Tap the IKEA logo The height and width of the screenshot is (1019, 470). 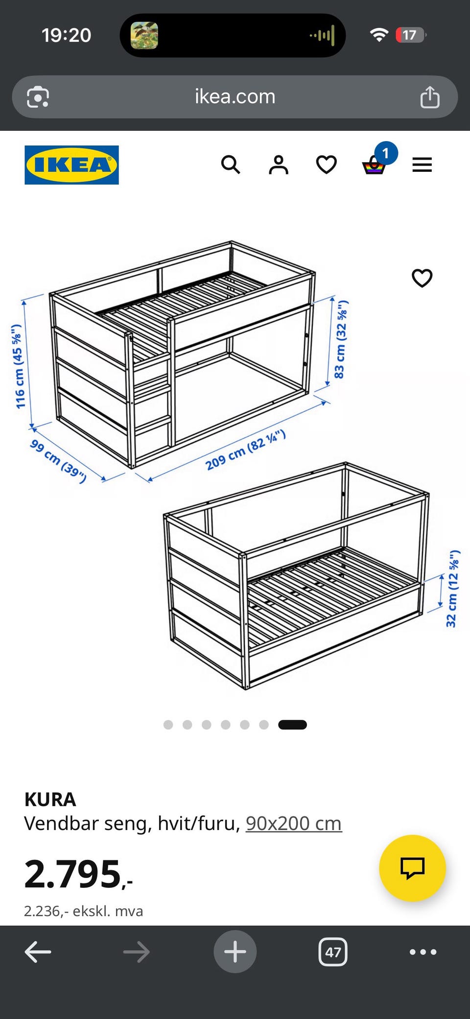tap(71, 165)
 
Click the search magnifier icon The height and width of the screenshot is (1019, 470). tap(231, 165)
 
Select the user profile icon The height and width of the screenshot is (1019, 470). tap(279, 165)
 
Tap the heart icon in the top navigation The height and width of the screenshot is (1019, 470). tap(327, 165)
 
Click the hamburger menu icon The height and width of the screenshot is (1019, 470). tap(422, 165)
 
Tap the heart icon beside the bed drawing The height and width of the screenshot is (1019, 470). tap(422, 278)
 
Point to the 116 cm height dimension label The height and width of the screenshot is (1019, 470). tap(18, 366)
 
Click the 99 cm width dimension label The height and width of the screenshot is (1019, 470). tap(58, 461)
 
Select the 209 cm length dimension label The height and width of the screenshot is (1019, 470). tap(245, 450)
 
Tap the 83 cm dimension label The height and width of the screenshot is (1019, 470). tap(341, 339)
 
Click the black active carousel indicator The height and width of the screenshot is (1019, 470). tap(292, 725)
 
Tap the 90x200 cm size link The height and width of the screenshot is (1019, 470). tap(294, 823)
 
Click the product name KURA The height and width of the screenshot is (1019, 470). tap(50, 800)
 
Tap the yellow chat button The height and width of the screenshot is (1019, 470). tap(412, 868)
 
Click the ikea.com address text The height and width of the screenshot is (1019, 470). tap(235, 96)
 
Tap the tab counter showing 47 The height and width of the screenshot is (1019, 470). tap(333, 952)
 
